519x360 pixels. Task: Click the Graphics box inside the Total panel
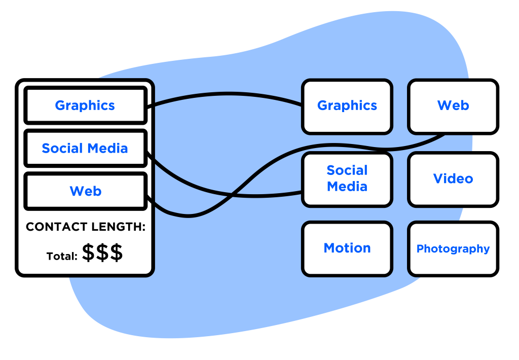[x=85, y=105]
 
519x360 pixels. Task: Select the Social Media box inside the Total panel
[x=85, y=149]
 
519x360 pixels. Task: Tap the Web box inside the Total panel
[x=85, y=191]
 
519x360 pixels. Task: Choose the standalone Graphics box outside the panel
[x=347, y=105]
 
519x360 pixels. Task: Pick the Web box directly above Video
[x=453, y=105]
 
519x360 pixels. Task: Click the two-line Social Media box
[x=347, y=178]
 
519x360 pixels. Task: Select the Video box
[x=453, y=178]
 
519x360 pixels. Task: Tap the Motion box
[x=347, y=248]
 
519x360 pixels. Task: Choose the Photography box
[x=453, y=248]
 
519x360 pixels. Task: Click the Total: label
[x=62, y=256]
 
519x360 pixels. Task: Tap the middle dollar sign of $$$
[x=102, y=253]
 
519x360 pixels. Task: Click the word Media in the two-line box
[x=347, y=187]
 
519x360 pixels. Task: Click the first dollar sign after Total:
[x=89, y=253]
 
